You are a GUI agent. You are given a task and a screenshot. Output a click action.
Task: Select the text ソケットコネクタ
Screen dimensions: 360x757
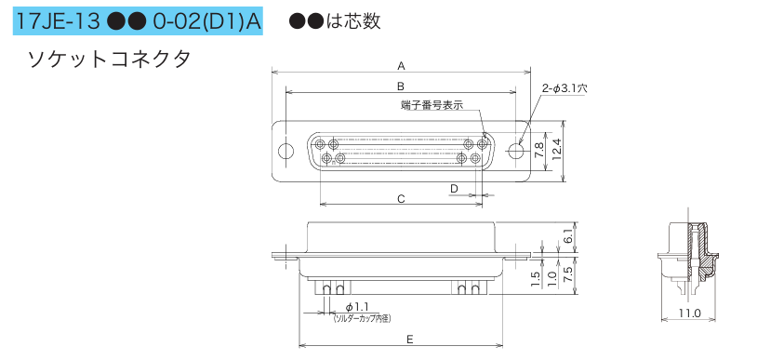coord(109,60)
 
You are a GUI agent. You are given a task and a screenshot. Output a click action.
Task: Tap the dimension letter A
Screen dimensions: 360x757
coord(401,65)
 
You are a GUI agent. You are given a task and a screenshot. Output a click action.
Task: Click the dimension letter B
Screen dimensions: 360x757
coord(400,87)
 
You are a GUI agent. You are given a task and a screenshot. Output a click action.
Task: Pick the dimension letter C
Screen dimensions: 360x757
coord(400,199)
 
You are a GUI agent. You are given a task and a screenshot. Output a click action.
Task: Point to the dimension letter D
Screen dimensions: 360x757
coord(454,189)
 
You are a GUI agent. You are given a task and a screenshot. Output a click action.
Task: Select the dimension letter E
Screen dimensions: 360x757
coord(410,340)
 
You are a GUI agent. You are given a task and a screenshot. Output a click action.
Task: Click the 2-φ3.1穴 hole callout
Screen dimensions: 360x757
coord(564,88)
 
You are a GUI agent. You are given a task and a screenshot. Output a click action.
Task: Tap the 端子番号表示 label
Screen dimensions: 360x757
coord(432,105)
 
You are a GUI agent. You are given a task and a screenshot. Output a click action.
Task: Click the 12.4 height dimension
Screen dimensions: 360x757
coord(556,149)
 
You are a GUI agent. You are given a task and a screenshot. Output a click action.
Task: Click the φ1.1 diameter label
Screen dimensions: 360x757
coord(357,307)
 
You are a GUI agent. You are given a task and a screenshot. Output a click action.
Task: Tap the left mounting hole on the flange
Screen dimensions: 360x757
coord(286,149)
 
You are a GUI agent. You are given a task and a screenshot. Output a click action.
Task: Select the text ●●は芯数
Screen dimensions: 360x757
coord(334,20)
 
